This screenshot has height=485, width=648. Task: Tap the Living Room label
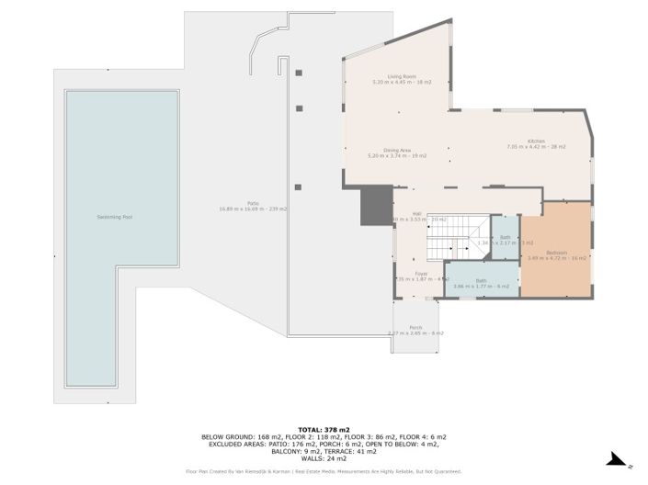402,77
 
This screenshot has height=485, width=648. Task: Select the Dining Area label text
396,151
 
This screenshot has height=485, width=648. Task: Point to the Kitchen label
536,141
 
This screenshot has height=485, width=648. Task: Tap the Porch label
415,327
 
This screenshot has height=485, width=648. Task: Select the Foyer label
421,273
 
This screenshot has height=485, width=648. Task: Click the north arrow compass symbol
620,459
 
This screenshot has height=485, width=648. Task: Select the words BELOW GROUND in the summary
227,437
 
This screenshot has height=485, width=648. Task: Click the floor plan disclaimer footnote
324,471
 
